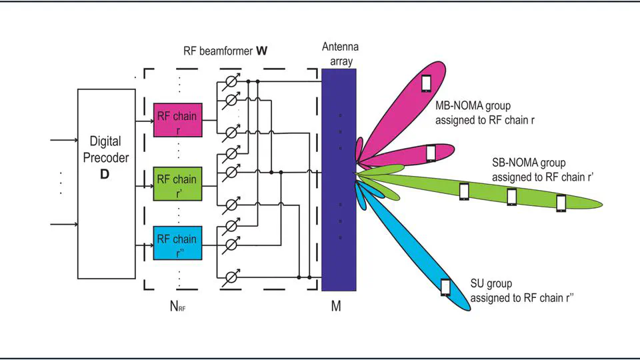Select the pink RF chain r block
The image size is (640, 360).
pos(177,121)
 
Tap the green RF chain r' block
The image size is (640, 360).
pos(177,183)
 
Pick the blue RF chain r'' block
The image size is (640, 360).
pos(177,243)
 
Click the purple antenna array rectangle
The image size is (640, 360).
pos(339,180)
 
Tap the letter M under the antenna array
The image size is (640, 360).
pos(337,307)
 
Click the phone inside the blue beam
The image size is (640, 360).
pos(445,287)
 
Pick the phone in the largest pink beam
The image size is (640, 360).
pos(426,83)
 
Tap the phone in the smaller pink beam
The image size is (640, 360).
pos(431,153)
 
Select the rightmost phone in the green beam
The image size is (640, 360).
pos(561,203)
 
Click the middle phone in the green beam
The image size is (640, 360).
pos(511,197)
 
